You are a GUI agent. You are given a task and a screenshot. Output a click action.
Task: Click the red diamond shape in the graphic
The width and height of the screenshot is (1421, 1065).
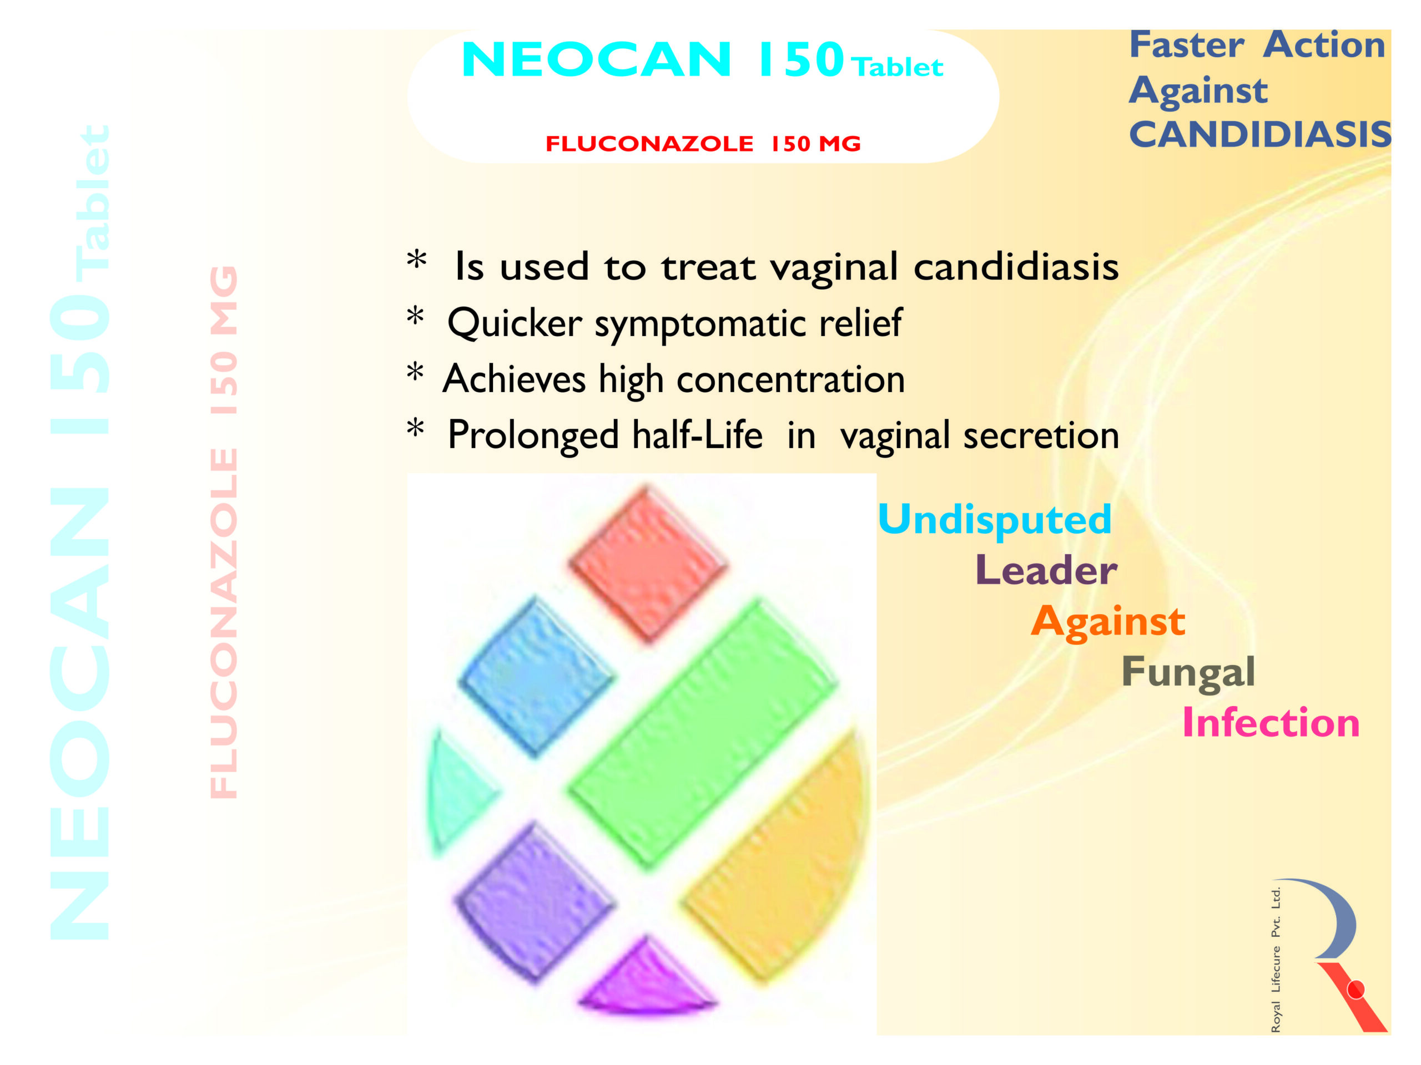pos(648,564)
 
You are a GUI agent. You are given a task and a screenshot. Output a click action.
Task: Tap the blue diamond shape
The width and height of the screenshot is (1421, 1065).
pos(536,677)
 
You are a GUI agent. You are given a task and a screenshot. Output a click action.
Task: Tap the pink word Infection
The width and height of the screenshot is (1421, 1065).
pos(1271,723)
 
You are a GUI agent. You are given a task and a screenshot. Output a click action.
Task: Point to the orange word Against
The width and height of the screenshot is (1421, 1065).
pos(1108,622)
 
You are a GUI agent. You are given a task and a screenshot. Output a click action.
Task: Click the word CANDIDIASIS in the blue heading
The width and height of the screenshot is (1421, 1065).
pos(1260,134)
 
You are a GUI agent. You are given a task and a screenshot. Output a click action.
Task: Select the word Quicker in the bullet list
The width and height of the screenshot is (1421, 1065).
pos(515,323)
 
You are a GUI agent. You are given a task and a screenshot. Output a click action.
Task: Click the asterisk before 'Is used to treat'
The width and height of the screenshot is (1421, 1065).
pos(417,261)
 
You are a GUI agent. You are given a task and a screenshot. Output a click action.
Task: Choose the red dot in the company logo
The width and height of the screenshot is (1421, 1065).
pos(1356,991)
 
